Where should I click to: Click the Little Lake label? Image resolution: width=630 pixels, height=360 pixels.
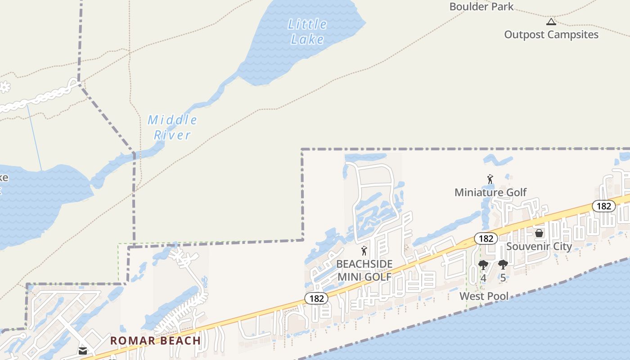click(x=307, y=31)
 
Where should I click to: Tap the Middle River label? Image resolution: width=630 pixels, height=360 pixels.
click(x=172, y=127)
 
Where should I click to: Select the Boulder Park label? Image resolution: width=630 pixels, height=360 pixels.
click(x=481, y=6)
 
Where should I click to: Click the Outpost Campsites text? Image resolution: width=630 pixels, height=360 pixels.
click(x=551, y=35)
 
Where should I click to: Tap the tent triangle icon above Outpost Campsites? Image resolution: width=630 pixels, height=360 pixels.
click(x=551, y=22)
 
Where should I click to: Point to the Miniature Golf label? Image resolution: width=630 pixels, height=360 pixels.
click(x=490, y=192)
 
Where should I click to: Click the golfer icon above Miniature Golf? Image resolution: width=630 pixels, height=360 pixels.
click(x=490, y=180)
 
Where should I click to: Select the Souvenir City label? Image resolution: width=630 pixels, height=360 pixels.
click(x=539, y=246)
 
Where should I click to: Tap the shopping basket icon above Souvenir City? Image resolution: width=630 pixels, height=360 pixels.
click(x=539, y=233)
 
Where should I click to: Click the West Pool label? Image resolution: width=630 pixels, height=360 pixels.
click(x=484, y=296)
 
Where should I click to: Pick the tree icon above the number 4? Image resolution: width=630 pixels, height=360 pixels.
click(x=483, y=265)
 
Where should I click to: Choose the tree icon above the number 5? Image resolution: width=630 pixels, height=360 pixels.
click(x=503, y=265)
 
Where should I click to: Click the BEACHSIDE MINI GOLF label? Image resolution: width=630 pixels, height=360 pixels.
click(x=364, y=270)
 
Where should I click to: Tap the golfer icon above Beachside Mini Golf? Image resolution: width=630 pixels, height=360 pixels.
click(x=364, y=251)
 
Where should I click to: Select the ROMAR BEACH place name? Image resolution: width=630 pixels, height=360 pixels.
click(x=156, y=341)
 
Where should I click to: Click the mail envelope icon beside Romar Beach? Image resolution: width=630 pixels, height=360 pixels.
click(x=83, y=351)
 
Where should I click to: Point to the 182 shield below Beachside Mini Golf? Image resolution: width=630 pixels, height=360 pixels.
click(x=316, y=298)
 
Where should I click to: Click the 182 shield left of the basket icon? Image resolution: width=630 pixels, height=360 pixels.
click(x=486, y=238)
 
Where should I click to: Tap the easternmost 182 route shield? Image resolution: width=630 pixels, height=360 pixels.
click(x=603, y=206)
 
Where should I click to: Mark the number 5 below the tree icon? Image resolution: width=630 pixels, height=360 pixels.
click(x=503, y=278)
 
